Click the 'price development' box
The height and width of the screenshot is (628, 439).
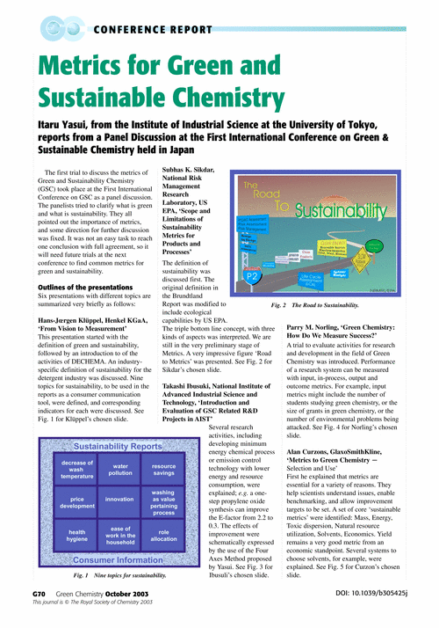(77, 500)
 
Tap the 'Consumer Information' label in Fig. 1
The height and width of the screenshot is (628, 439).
(120, 559)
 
